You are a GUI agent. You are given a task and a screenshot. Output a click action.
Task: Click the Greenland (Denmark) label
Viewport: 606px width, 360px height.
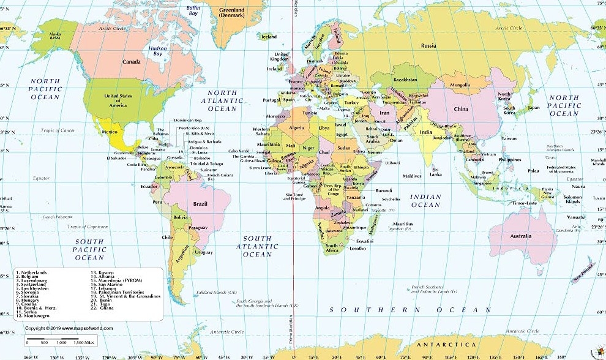click(x=232, y=13)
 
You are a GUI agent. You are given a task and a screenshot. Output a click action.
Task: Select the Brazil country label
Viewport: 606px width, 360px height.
click(x=200, y=203)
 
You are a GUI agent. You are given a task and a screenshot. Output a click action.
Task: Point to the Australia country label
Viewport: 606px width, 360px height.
click(x=521, y=236)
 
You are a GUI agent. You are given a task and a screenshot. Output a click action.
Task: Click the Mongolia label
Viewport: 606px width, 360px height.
click(x=460, y=85)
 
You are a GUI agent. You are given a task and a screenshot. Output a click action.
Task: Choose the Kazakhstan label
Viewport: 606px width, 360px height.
click(x=405, y=80)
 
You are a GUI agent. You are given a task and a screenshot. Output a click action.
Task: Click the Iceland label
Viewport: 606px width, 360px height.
click(x=269, y=37)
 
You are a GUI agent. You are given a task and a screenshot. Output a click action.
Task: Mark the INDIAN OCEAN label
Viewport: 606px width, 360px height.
click(x=425, y=201)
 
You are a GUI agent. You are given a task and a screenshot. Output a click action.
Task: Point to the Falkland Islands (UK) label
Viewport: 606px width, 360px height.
click(x=216, y=293)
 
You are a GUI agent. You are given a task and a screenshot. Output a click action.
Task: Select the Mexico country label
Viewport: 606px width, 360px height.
click(x=109, y=132)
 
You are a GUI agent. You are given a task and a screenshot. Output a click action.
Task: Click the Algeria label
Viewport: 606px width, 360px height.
click(x=296, y=128)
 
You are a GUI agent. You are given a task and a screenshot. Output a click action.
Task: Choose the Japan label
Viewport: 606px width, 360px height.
click(x=534, y=108)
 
